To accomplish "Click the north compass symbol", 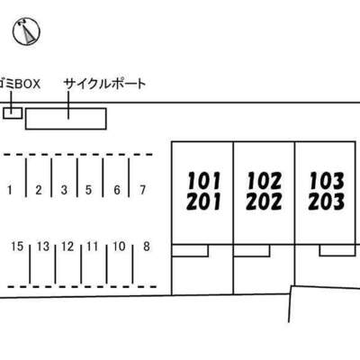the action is (x=26, y=31).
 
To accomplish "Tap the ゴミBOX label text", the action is (x=20, y=85).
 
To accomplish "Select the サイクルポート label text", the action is (x=104, y=84).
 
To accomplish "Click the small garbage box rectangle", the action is (x=13, y=112).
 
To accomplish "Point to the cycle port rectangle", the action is (x=66, y=119).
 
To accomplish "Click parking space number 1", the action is (x=10, y=190).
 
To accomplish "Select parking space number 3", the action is (x=64, y=190).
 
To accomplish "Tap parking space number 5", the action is (x=88, y=190).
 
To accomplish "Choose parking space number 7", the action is (x=143, y=190).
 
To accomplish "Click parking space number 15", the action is (x=17, y=247).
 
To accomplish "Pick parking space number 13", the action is (x=43, y=247).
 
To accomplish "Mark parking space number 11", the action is (x=92, y=247).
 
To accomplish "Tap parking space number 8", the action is (x=147, y=247).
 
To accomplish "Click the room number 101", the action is (x=204, y=181).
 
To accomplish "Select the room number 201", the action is (x=203, y=201).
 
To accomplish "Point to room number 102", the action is (x=265, y=181).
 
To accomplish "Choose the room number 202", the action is (x=264, y=201).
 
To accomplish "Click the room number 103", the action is (x=327, y=181).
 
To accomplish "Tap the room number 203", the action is (x=326, y=201).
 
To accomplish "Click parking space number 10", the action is (x=119, y=247).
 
